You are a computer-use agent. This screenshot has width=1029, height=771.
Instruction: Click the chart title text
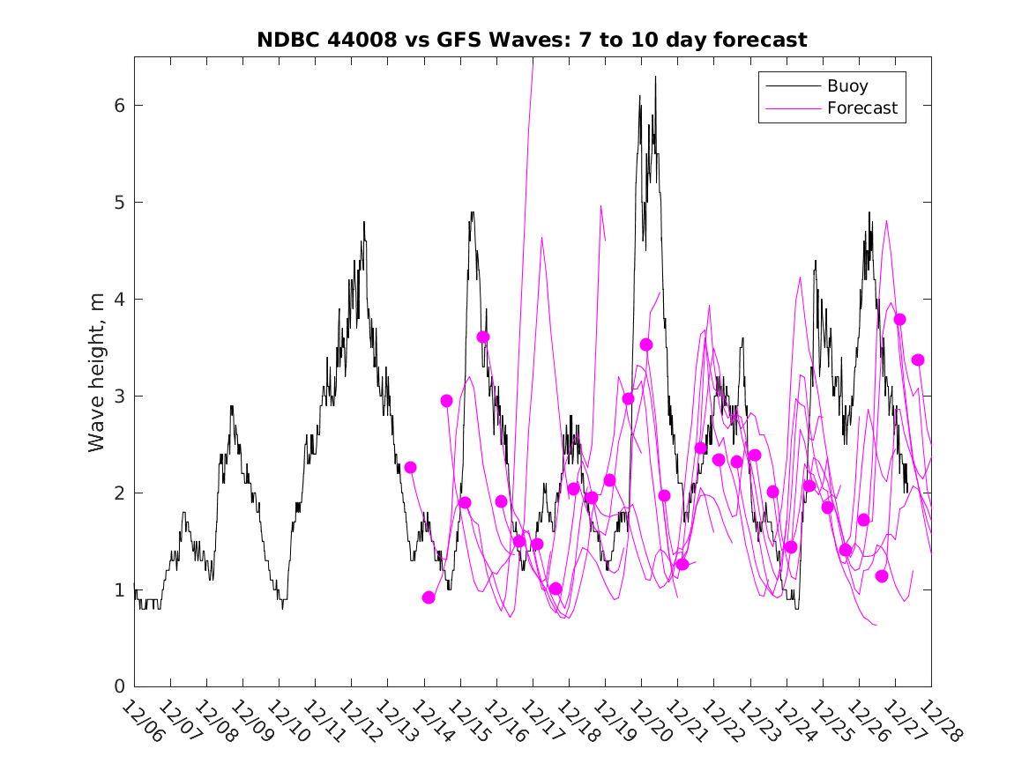(x=532, y=41)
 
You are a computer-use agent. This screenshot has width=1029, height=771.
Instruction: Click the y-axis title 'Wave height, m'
(x=97, y=372)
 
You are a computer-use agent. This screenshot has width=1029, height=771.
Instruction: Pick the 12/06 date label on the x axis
(x=143, y=722)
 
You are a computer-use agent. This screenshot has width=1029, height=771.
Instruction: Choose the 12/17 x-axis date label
(x=541, y=722)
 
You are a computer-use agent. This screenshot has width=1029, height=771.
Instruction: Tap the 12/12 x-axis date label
(x=360, y=722)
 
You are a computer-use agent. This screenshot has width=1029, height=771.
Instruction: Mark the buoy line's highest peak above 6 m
(x=655, y=78)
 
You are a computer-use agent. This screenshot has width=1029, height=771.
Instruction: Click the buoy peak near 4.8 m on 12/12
(x=363, y=222)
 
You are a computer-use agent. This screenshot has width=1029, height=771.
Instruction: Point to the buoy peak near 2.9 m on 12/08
(x=231, y=406)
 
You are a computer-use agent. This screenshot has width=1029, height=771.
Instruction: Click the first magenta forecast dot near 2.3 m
(x=410, y=467)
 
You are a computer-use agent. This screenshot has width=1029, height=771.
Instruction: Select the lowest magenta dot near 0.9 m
(x=429, y=597)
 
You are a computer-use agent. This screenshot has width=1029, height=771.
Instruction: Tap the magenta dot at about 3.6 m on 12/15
(x=483, y=337)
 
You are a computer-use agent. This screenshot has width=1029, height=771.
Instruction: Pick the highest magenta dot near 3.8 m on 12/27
(x=899, y=320)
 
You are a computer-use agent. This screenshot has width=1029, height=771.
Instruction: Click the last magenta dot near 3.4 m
(x=918, y=360)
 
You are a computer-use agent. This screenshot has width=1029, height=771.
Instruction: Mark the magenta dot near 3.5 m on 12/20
(x=646, y=345)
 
